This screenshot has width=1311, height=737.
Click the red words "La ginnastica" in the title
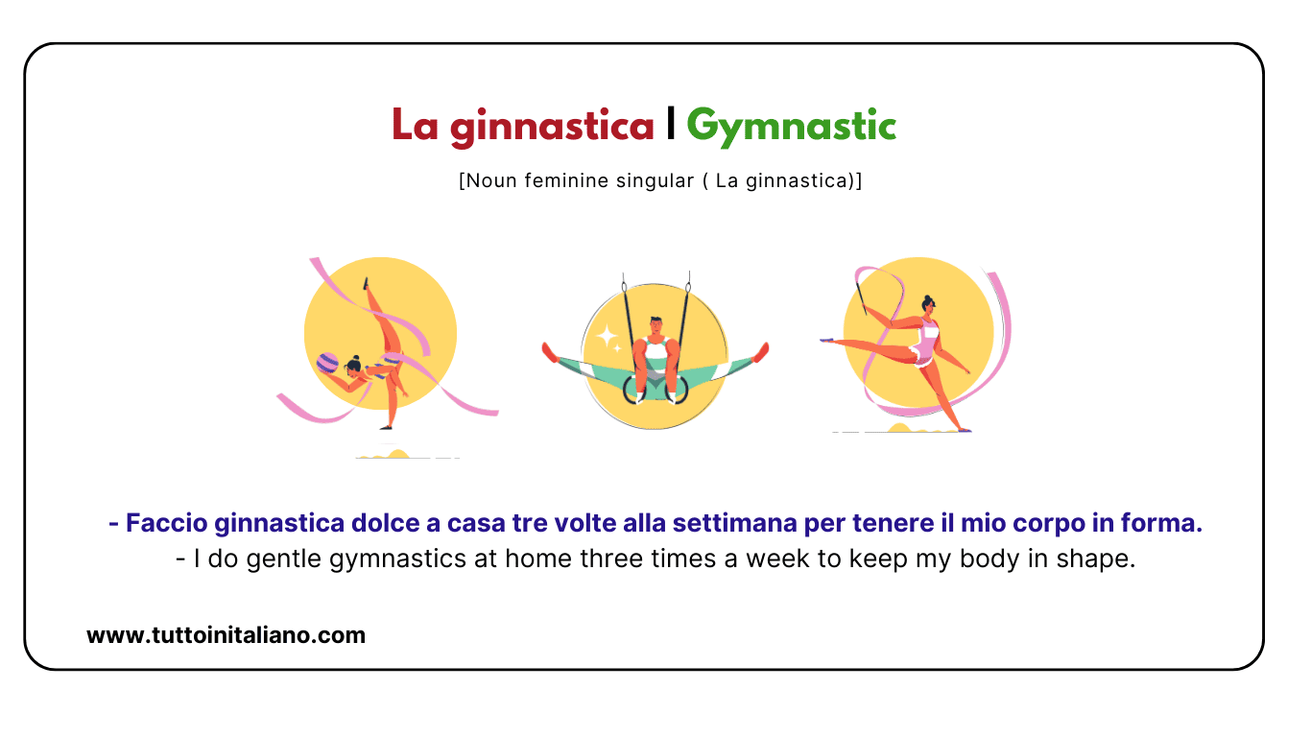coord(523,127)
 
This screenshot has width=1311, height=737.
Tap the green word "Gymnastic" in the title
coord(792,127)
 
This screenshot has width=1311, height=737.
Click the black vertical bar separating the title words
coord(671,125)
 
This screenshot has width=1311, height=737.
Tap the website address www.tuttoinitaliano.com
coord(226,634)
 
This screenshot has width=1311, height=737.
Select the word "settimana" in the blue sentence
coord(725,524)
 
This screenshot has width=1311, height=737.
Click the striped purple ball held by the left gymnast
coord(327,364)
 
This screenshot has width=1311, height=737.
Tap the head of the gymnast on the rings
coord(655,323)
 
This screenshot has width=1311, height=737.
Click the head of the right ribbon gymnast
coord(927,304)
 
